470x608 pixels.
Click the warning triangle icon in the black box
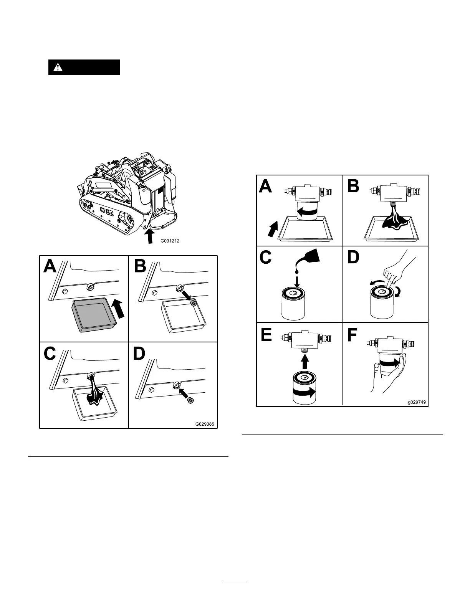point(58,67)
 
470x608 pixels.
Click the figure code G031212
point(170,241)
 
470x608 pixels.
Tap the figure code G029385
point(205,425)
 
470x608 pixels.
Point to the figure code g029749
point(417,403)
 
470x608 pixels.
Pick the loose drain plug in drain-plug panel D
point(189,400)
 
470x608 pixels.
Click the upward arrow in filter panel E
point(304,361)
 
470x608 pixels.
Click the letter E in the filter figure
point(266,335)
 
